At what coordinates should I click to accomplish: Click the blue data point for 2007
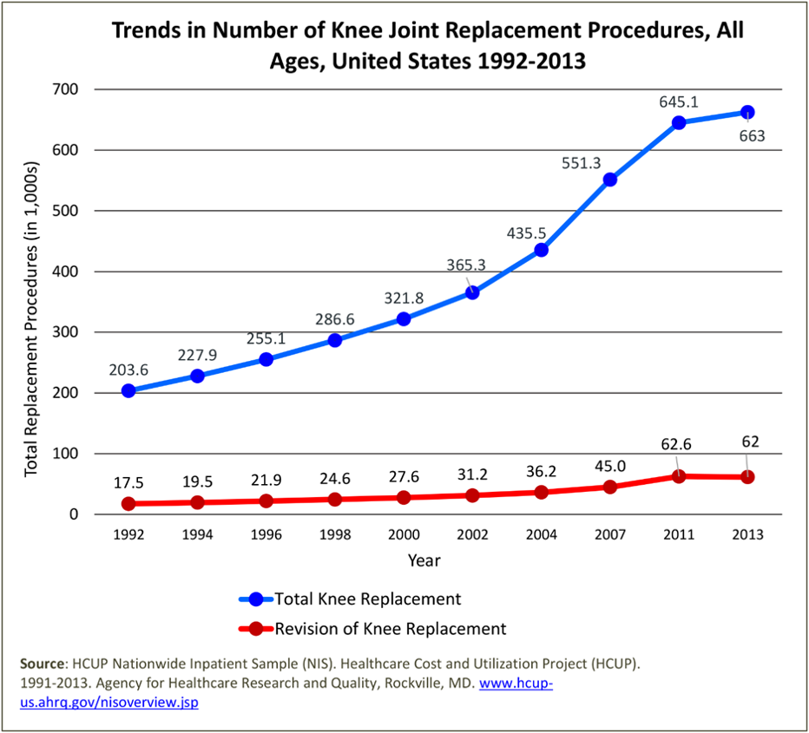click(609, 180)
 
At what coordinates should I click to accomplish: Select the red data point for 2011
click(679, 476)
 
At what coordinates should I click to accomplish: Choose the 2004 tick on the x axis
click(541, 534)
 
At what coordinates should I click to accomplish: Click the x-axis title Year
click(424, 560)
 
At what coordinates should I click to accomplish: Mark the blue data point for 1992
click(128, 391)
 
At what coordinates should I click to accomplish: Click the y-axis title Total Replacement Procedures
click(31, 318)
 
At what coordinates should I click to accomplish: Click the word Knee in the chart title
click(364, 30)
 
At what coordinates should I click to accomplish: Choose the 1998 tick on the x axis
click(335, 534)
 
